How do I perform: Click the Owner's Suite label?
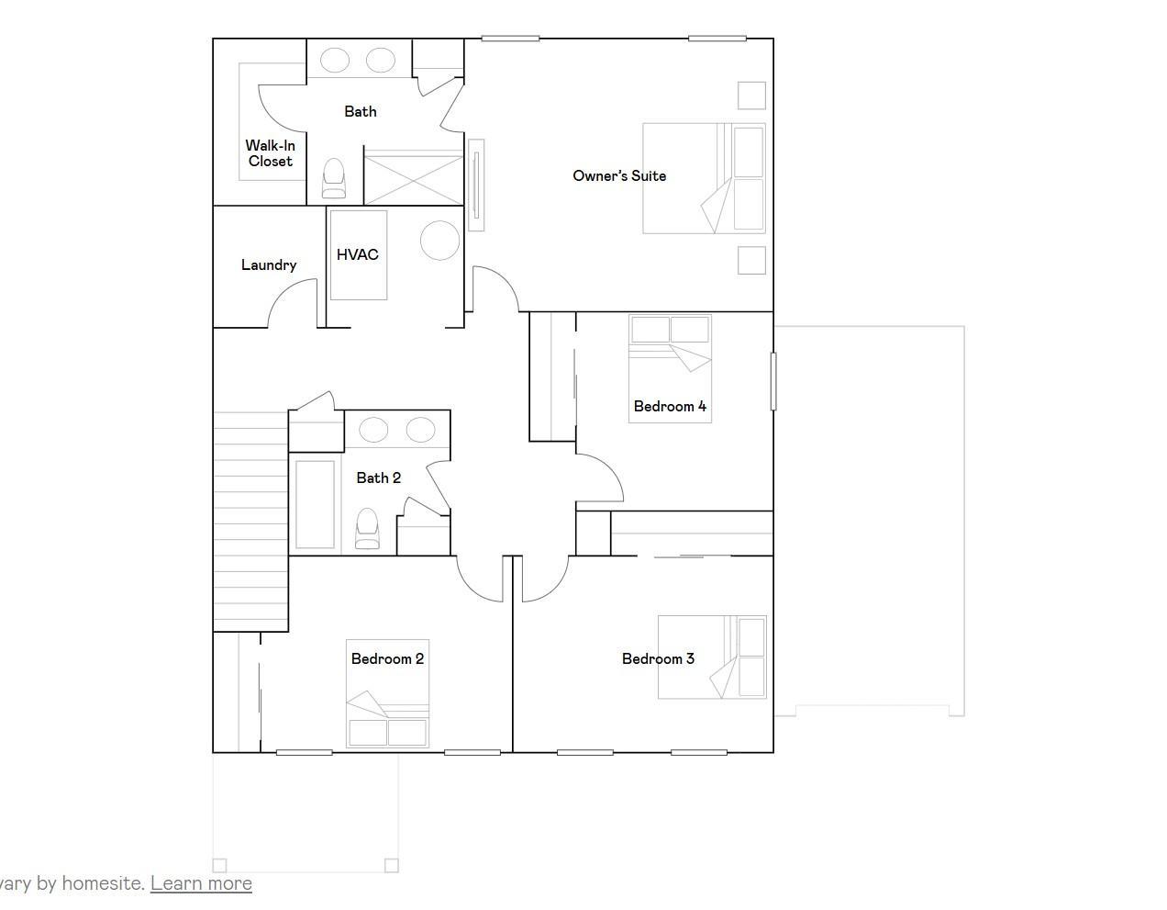[619, 175]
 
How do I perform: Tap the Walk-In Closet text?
[270, 153]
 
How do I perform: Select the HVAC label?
[357, 254]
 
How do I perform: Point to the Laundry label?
[269, 265]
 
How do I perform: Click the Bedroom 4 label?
[670, 407]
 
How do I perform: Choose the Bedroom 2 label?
[387, 658]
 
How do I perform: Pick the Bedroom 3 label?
[658, 658]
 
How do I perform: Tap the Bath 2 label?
[379, 477]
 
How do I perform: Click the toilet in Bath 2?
[367, 528]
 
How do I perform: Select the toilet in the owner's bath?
[334, 178]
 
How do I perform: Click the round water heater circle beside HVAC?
[439, 241]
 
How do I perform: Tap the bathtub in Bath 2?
[315, 504]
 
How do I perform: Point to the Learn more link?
[201, 883]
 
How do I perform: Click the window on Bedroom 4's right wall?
[773, 382]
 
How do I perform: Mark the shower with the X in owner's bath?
[413, 177]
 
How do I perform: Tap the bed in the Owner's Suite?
[704, 178]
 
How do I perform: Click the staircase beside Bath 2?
[250, 522]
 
